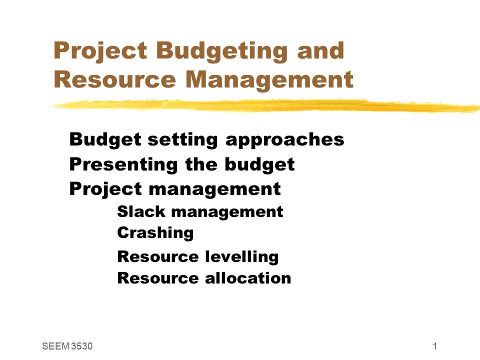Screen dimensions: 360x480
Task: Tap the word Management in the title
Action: pyautogui.click(x=272, y=79)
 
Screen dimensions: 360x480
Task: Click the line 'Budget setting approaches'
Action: pyautogui.click(x=207, y=139)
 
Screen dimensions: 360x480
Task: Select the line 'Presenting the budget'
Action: pyautogui.click(x=182, y=164)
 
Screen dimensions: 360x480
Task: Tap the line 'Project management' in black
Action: pyautogui.click(x=175, y=189)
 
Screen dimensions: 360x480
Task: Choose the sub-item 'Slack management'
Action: pyautogui.click(x=200, y=212)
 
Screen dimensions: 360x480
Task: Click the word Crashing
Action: pyautogui.click(x=155, y=233)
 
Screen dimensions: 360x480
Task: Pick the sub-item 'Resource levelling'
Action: pyautogui.click(x=198, y=257)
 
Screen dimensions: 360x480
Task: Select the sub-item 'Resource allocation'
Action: pyautogui.click(x=204, y=278)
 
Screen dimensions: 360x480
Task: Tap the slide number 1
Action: pyautogui.click(x=436, y=346)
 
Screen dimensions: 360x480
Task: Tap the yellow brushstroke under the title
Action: pyautogui.click(x=265, y=105)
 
